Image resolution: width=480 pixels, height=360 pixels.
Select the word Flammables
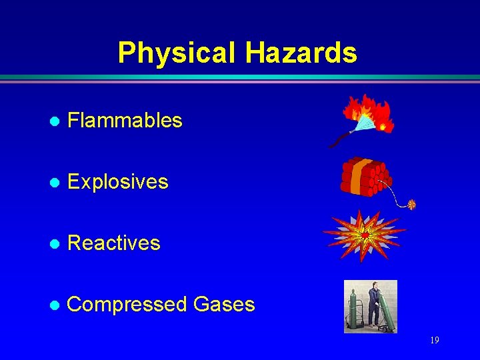pyautogui.click(x=125, y=121)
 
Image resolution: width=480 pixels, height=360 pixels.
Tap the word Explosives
pyautogui.click(x=118, y=182)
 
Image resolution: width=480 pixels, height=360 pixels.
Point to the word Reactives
pyautogui.click(x=114, y=243)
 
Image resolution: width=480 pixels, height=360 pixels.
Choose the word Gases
pyautogui.click(x=224, y=305)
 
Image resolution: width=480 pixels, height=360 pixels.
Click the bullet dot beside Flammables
pyautogui.click(x=55, y=121)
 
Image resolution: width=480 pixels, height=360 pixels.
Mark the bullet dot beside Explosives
pyautogui.click(x=55, y=183)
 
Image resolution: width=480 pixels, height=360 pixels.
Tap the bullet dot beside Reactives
pyautogui.click(x=55, y=244)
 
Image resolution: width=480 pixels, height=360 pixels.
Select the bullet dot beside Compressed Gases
pyautogui.click(x=55, y=305)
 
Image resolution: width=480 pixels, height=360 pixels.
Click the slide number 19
pyautogui.click(x=434, y=341)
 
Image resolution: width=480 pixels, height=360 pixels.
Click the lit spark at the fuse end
pyautogui.click(x=411, y=205)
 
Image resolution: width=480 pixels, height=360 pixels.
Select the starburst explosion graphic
pyautogui.click(x=364, y=234)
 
